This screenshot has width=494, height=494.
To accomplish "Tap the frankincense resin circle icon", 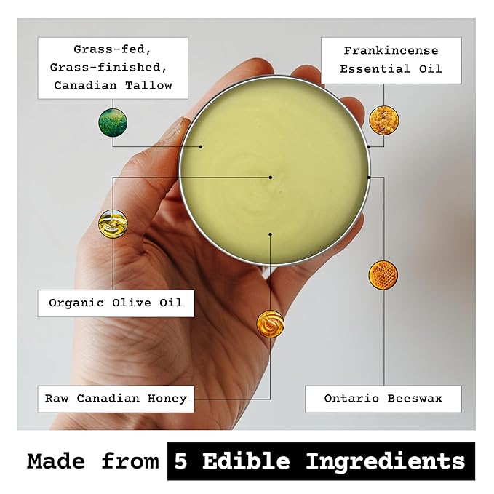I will pos(382,119).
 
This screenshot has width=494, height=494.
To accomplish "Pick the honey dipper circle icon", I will pos(270,324).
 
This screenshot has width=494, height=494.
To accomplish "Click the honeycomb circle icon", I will pos(383,274).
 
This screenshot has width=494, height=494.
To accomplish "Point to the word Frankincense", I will pos(391,51).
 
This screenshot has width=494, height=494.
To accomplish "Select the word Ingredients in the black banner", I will pos(385,461).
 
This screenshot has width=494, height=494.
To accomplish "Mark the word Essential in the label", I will pos(371,70).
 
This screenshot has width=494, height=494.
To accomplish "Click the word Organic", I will pos(74,302).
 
